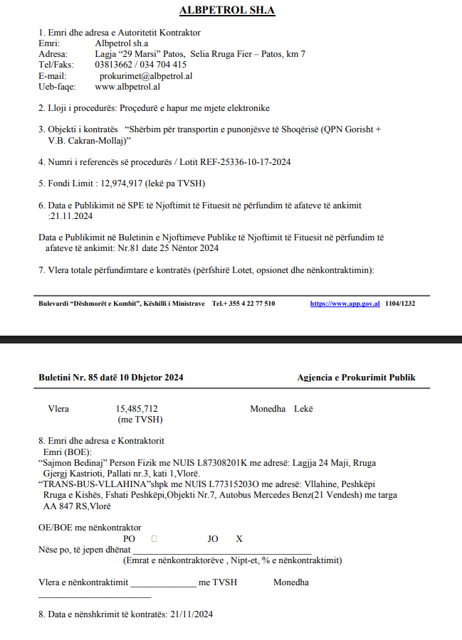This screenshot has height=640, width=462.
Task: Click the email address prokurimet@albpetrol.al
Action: (147, 75)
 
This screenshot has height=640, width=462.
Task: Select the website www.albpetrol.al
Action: (127, 87)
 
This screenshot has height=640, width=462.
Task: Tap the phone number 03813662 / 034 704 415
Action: (141, 65)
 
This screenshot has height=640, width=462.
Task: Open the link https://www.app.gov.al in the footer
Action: (345, 303)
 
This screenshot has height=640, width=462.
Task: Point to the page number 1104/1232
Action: (400, 303)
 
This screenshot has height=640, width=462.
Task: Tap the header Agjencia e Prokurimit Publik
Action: (356, 378)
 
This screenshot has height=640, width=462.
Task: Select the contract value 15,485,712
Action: (137, 409)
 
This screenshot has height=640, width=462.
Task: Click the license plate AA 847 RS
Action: (68, 506)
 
